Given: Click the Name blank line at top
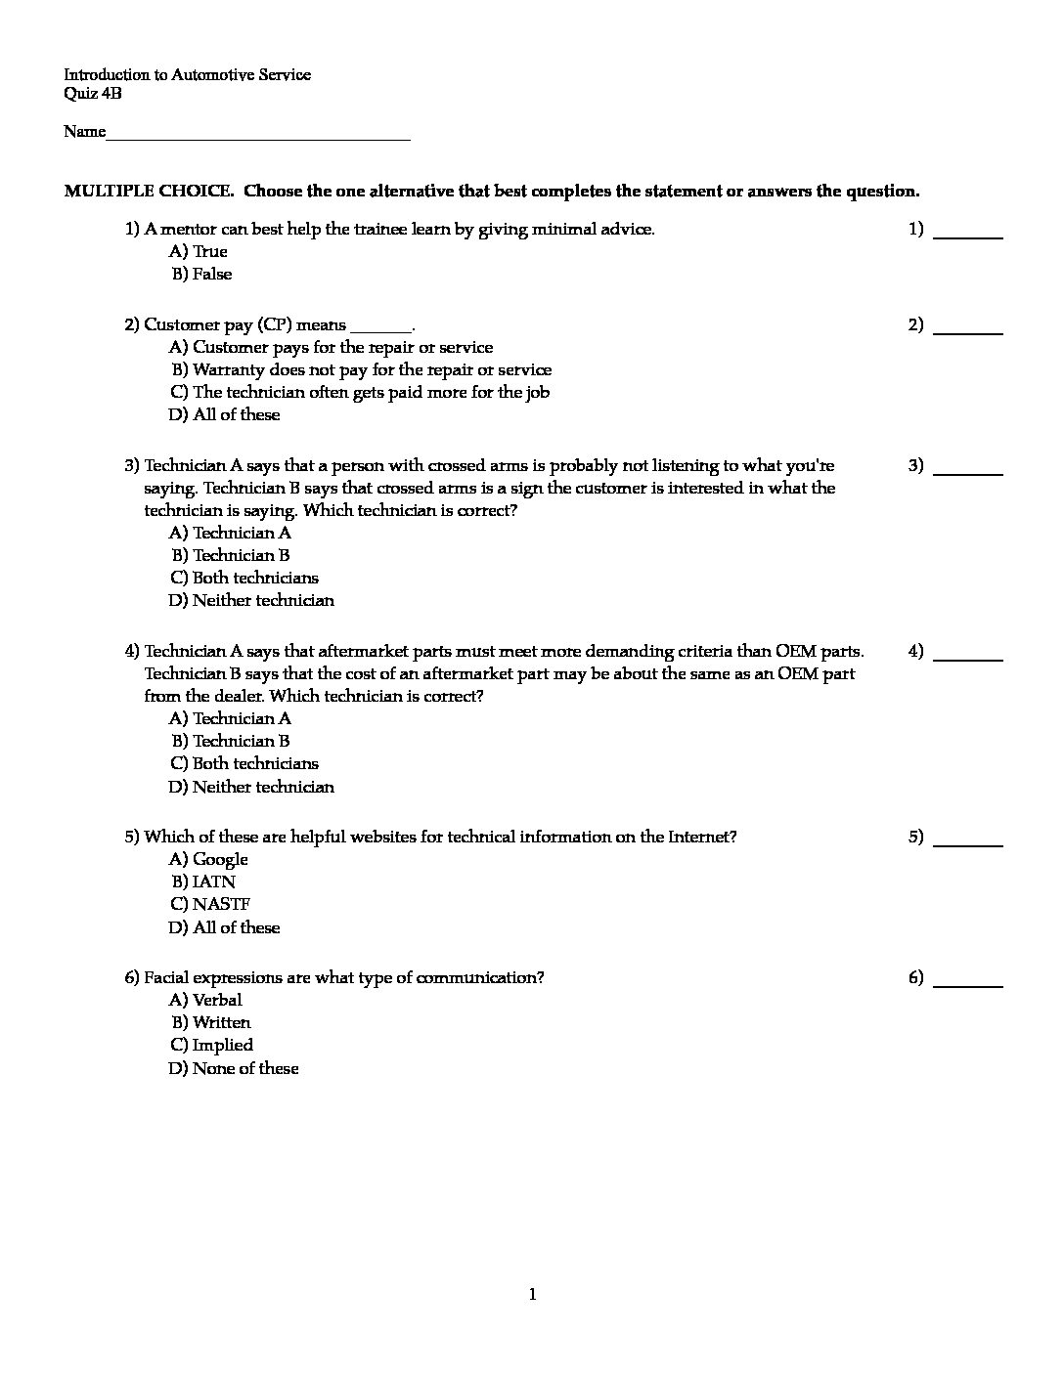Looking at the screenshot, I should pos(258,137).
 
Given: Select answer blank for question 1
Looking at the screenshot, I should pos(968,235).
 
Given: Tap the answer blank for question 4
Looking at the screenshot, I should pos(968,657).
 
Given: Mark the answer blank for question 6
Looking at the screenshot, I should pos(968,983).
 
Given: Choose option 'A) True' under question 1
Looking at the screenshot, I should pos(199,252).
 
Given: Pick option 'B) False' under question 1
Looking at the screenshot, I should pos(201,275).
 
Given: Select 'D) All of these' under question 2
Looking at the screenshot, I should pos(224,415).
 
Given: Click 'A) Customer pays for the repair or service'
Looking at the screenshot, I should pos(331,348).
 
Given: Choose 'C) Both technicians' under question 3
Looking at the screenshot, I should pos(244,579).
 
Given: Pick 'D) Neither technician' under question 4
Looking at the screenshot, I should pos(251,788).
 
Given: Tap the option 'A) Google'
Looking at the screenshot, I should pos(208,860).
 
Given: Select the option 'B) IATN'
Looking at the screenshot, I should pos(203,882).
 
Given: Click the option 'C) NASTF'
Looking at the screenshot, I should pos(210,905).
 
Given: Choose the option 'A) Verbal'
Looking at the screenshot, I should pos(205,1001).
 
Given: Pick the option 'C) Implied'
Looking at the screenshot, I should pos(211,1046).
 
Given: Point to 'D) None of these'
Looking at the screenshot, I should pos(234,1069).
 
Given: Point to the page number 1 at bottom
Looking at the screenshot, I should pos(532,1296).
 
